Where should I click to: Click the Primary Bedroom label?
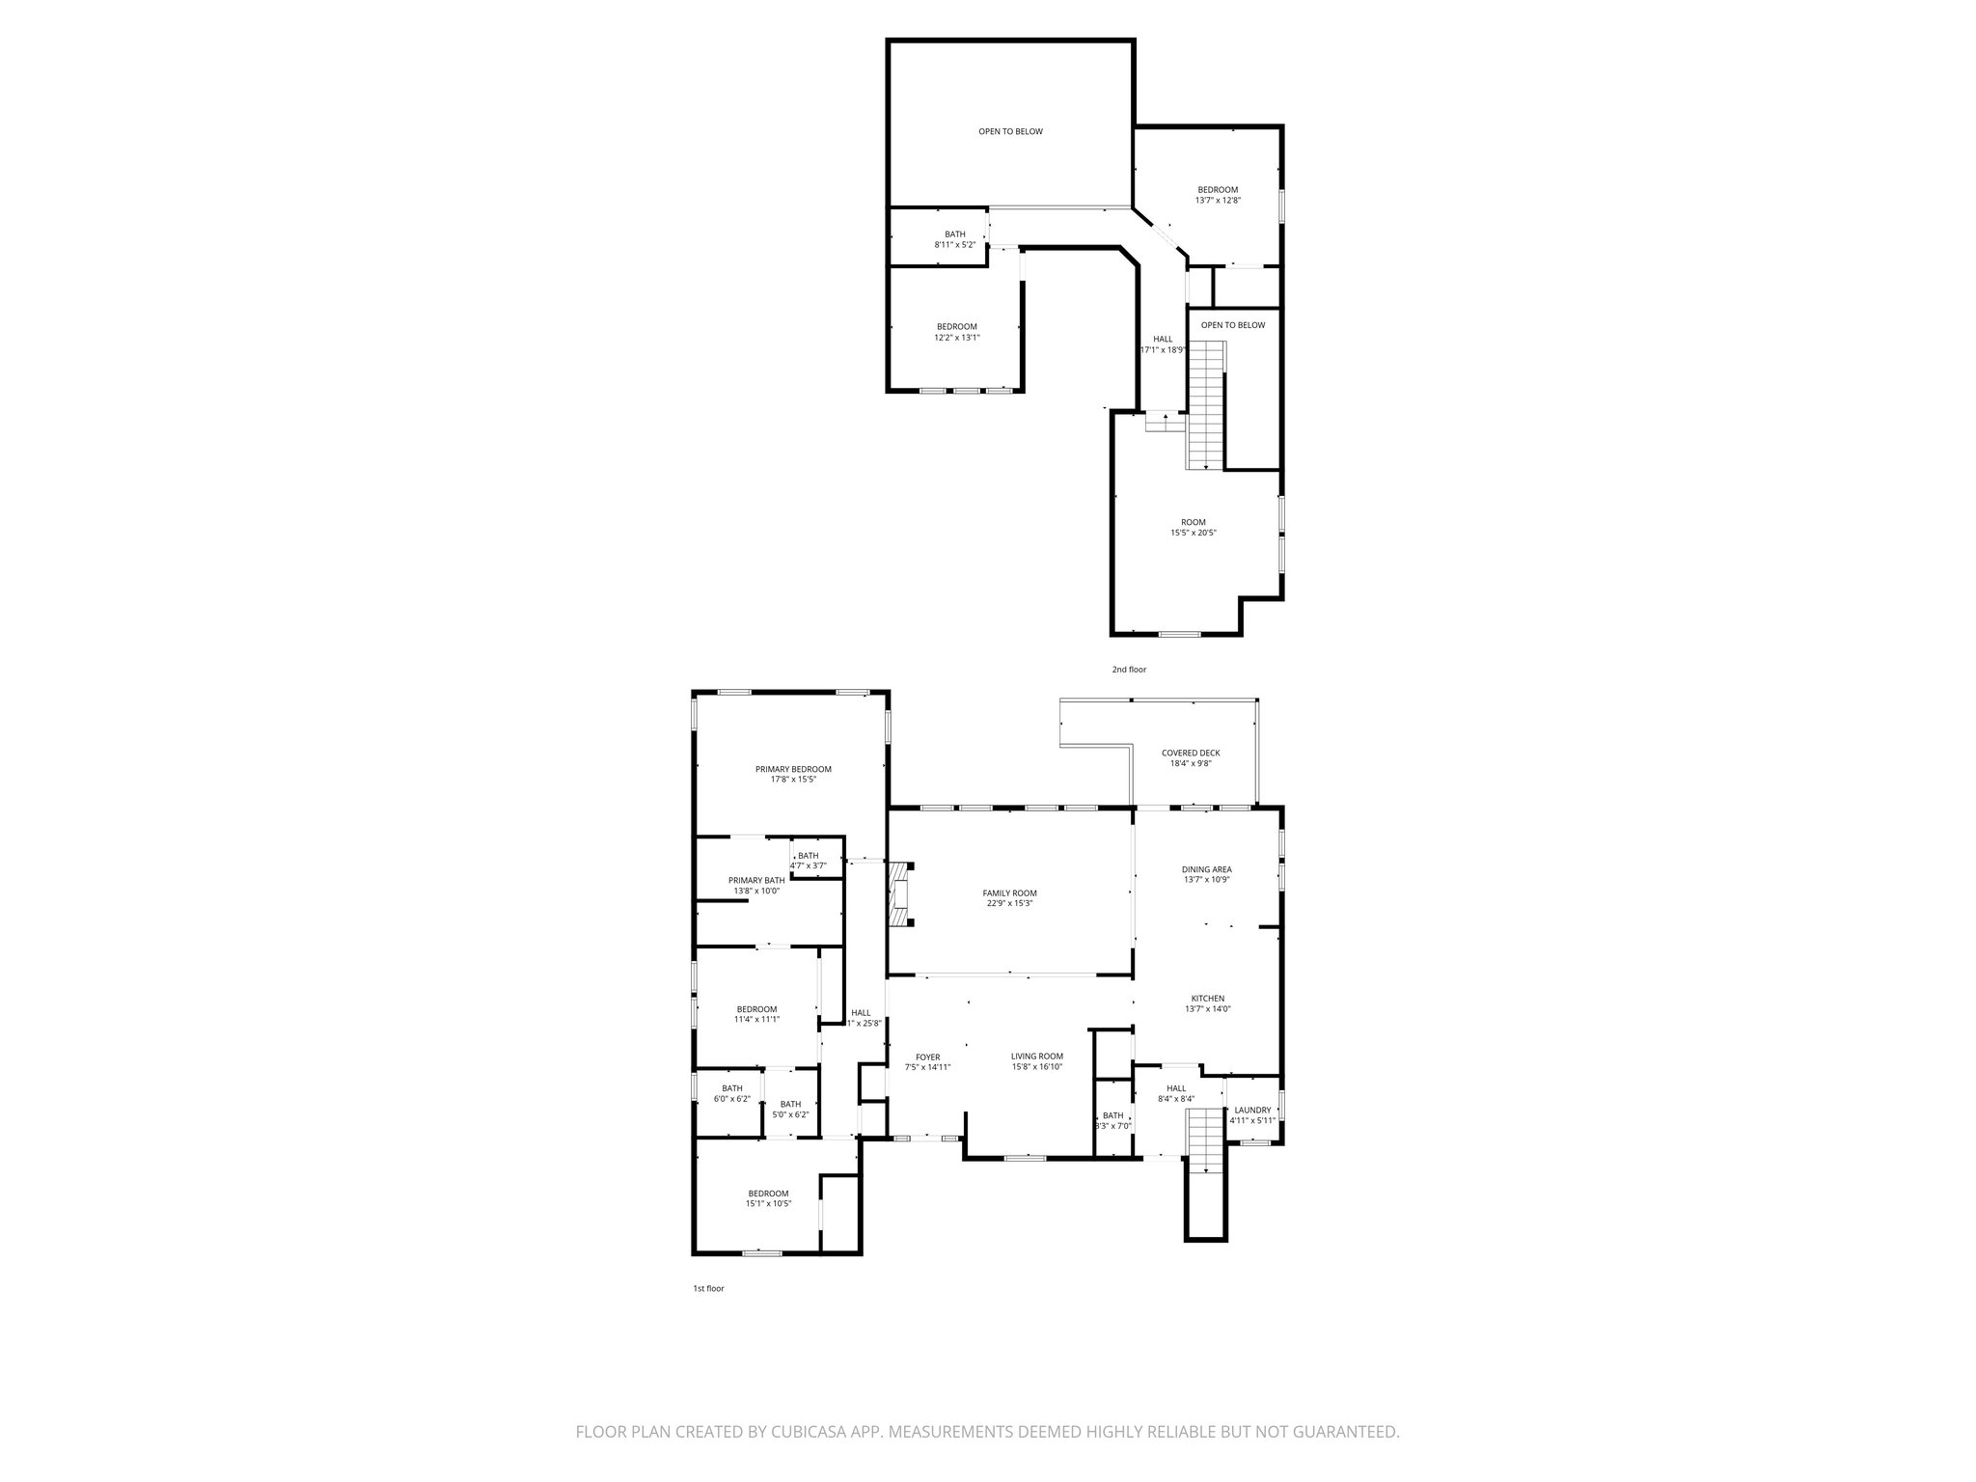[x=793, y=769]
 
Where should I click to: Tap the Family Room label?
[x=1009, y=893]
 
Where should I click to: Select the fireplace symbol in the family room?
[x=900, y=894]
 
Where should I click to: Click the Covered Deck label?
[x=1191, y=753]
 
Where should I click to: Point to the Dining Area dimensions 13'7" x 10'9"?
[x=1207, y=879]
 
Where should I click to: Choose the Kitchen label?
[x=1207, y=999]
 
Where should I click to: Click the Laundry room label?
[x=1253, y=1110]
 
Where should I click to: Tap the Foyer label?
[x=927, y=1057]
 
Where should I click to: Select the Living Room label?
[x=1037, y=1057]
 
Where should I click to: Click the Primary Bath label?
[x=756, y=880]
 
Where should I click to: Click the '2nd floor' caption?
[x=1129, y=669]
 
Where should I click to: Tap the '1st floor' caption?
[x=708, y=1288]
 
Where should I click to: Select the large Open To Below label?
[x=1010, y=131]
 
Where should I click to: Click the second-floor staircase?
[x=1204, y=405]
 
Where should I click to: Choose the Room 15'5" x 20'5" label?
[x=1194, y=522]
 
